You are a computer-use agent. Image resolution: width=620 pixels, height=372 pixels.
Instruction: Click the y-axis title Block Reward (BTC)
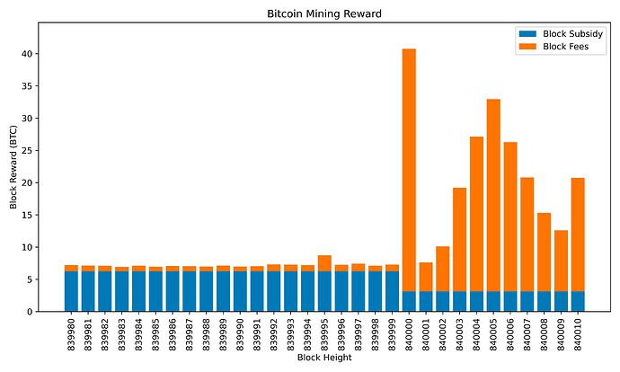[13, 168]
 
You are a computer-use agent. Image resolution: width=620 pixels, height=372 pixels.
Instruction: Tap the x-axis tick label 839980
[72, 333]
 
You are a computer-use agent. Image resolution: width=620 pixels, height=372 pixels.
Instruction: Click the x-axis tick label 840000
[409, 333]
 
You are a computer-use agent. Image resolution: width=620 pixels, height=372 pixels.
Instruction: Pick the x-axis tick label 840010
[578, 333]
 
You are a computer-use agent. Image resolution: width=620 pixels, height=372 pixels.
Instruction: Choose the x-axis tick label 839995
[324, 333]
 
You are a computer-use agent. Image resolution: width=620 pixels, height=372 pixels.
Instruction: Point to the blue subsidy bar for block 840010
[578, 301]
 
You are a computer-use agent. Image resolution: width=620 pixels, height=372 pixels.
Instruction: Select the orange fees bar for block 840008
[544, 252]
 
